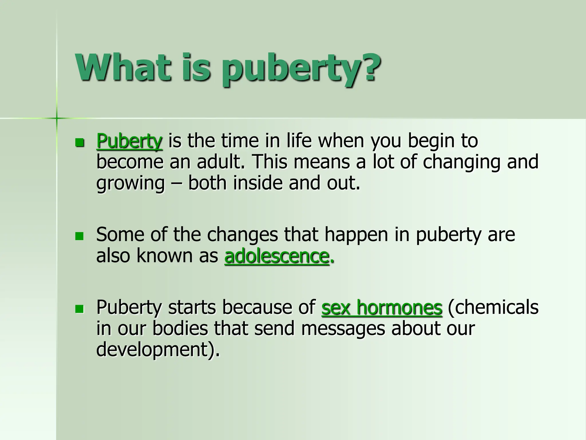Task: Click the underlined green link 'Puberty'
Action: point(129,141)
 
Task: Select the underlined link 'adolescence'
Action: point(277,256)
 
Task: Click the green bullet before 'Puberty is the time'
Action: point(79,142)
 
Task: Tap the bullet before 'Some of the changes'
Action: point(79,236)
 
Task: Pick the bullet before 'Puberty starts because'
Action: point(79,309)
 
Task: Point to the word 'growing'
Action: point(130,183)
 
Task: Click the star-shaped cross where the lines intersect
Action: point(57,118)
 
